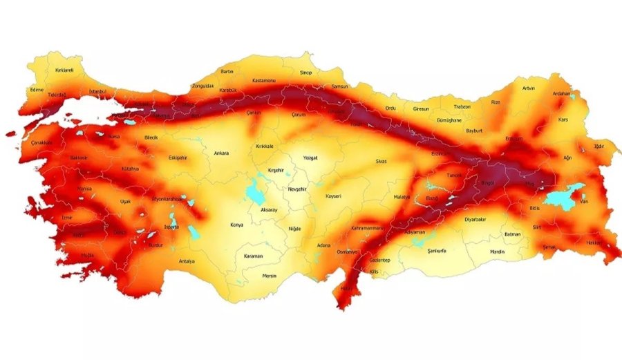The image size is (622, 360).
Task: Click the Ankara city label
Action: [221, 153]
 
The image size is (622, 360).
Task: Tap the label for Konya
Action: [238, 225]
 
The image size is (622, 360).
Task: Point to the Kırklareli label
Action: [64, 70]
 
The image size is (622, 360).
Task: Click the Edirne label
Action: [37, 90]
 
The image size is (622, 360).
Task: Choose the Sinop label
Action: [306, 73]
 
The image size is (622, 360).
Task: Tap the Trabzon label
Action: [462, 107]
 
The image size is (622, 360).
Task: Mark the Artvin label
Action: [529, 88]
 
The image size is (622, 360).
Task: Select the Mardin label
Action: [497, 252]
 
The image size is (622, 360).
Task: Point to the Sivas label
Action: [381, 161]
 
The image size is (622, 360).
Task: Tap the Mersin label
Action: [270, 276]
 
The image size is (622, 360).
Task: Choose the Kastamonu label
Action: [264, 79]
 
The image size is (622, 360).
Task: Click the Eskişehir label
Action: [178, 158]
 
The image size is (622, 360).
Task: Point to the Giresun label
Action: [420, 108]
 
